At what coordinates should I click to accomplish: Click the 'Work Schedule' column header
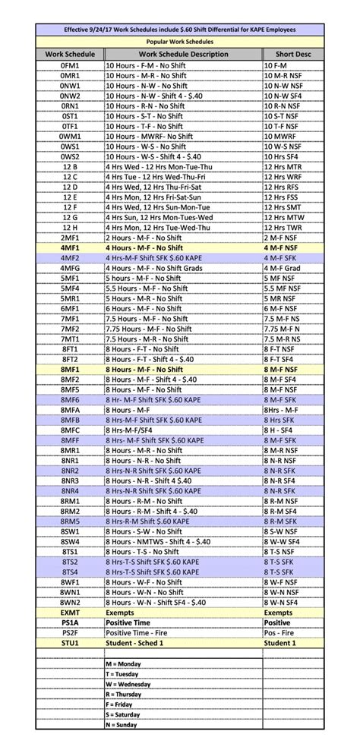(x=70, y=55)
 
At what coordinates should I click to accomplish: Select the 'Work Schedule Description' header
(x=183, y=55)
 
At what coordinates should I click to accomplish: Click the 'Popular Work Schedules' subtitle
(x=179, y=42)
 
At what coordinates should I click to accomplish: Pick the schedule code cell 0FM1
(x=70, y=66)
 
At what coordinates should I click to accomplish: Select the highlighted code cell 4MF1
(x=70, y=247)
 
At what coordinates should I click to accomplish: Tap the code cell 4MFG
(x=70, y=268)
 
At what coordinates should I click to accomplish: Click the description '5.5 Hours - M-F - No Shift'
(x=147, y=288)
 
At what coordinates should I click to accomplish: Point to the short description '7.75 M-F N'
(x=282, y=329)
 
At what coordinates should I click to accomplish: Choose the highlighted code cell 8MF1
(x=70, y=369)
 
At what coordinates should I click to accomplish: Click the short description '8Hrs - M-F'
(x=281, y=409)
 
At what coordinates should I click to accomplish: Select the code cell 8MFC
(x=70, y=430)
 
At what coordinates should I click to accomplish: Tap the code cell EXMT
(x=70, y=612)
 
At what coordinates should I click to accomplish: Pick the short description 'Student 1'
(x=281, y=642)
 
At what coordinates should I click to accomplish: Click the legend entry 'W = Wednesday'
(x=130, y=683)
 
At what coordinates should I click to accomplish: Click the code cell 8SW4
(x=70, y=541)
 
